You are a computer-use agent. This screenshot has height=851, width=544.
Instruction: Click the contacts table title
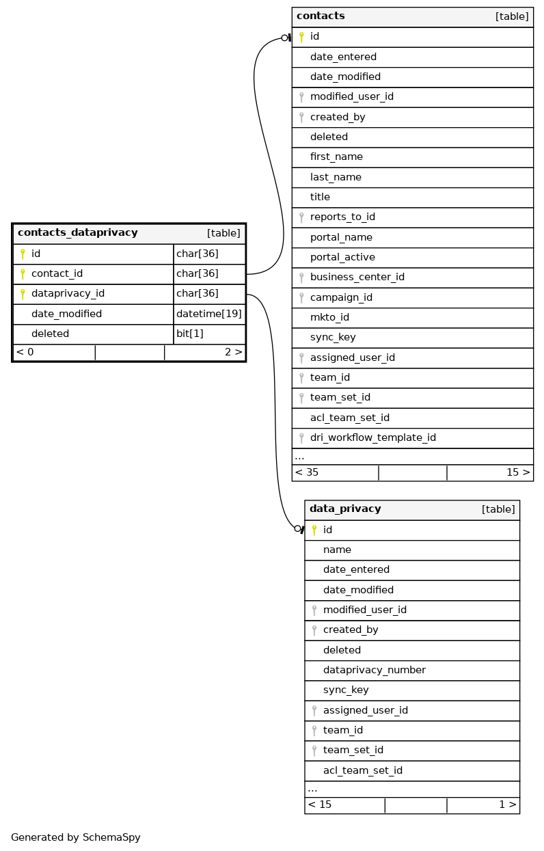321,16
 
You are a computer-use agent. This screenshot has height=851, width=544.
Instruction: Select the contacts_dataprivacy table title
78,232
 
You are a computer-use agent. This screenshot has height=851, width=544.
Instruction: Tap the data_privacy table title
345,509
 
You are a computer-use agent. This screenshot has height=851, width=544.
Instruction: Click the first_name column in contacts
336,157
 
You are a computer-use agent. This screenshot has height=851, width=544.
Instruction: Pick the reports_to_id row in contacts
342,217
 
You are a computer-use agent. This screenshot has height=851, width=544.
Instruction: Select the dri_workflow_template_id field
372,437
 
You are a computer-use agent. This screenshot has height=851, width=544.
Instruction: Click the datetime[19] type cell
209,314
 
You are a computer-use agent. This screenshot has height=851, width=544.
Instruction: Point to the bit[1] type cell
189,334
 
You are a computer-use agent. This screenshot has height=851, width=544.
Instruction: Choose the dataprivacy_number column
374,670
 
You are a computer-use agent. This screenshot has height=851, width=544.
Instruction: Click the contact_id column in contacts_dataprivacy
57,273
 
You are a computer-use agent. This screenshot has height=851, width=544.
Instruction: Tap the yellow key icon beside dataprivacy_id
23,294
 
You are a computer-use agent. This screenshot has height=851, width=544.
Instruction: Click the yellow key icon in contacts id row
301,37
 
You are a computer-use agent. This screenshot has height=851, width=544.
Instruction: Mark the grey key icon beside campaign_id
301,298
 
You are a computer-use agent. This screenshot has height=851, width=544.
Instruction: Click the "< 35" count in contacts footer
307,472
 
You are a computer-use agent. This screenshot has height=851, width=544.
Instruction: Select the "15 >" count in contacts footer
517,472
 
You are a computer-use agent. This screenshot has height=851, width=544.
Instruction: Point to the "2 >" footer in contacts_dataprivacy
233,352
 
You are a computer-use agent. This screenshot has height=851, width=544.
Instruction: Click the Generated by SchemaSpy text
76,837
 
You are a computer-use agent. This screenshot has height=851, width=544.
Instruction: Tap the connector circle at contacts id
284,38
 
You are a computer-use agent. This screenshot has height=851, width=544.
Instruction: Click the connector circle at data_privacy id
297,528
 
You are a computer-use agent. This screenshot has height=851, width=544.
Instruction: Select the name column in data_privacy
337,550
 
